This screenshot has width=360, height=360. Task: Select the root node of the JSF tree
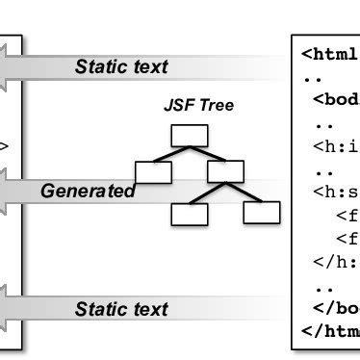[x=189, y=137]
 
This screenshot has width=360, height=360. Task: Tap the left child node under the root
[x=152, y=172]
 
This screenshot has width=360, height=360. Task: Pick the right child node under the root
[x=224, y=172]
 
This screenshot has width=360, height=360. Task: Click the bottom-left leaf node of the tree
[x=189, y=214]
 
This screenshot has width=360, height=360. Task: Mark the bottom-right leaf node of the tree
[x=261, y=212]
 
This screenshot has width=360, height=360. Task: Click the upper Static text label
[x=121, y=66]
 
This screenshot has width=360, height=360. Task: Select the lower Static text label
[x=121, y=309]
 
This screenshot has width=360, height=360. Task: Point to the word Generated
[x=88, y=191]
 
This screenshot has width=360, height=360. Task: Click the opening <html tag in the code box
[x=330, y=54]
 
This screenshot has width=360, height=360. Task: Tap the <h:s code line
[x=336, y=192]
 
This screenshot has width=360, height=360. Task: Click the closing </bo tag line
[x=336, y=309]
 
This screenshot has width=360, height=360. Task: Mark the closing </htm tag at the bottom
[x=330, y=332]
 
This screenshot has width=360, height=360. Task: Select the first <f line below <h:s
[x=347, y=215]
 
